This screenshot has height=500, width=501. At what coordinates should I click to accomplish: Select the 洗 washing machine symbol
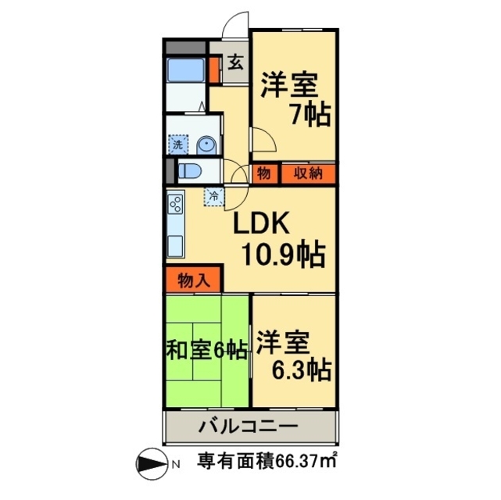pos(178,145)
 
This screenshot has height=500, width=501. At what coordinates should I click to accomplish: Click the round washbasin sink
pos(206,145)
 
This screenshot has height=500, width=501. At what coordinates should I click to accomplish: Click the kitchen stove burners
pos(175,205)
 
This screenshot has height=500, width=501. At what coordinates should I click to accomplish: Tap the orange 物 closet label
pos(263,173)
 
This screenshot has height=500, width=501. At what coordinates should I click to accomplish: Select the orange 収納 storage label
pos(307,173)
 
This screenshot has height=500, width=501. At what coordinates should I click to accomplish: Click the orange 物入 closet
pos(193,279)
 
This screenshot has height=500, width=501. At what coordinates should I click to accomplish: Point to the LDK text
pos(264,224)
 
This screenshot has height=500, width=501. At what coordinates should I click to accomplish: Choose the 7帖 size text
pos(309,116)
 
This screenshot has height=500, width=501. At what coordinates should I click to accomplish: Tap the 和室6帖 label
pos(206,349)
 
